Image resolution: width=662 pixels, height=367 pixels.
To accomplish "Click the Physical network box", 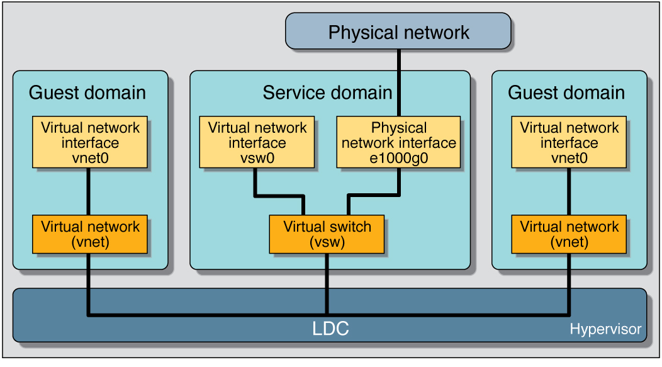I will tap(398, 31).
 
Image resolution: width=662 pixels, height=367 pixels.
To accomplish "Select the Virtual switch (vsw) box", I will tap(327, 234).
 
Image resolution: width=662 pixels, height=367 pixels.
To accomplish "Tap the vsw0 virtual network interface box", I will tap(257, 142).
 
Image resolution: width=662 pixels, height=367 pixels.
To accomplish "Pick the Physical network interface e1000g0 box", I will tap(398, 142).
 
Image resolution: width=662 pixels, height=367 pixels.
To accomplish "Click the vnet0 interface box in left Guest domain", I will tap(90, 142).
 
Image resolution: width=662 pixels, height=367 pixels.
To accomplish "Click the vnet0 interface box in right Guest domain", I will tap(569, 142).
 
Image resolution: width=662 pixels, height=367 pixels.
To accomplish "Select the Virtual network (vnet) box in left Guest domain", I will tap(90, 234).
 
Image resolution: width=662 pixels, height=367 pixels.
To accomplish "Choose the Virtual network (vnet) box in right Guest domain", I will tap(569, 234).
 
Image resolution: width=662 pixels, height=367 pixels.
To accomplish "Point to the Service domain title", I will tap(327, 93).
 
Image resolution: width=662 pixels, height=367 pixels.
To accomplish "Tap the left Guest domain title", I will tap(87, 93).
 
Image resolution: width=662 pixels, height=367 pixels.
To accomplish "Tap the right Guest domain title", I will tap(566, 93).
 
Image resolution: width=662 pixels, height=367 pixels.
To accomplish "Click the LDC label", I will tap(330, 329).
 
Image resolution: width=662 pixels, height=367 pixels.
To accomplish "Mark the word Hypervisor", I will tap(605, 329).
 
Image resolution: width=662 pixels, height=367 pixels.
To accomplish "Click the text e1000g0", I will tap(398, 158).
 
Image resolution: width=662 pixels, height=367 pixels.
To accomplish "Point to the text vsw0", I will tap(257, 158).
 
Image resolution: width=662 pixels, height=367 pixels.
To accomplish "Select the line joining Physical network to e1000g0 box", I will tap(398, 82).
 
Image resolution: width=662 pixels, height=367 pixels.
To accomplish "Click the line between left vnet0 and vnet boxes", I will tap(89, 192).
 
